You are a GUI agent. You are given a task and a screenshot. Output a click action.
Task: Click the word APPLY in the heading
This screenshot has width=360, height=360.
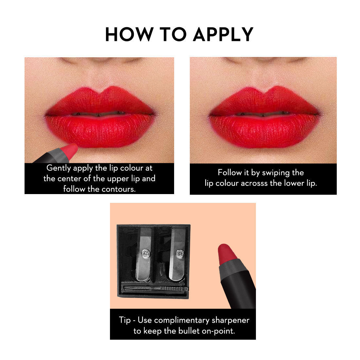(x=223, y=34)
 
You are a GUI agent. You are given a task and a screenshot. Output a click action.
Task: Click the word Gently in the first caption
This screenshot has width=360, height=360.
(x=59, y=168)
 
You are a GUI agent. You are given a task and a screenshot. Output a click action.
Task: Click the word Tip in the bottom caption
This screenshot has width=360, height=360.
(x=125, y=320)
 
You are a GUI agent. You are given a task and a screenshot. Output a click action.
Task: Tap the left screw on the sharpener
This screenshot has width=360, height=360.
(x=145, y=253)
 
